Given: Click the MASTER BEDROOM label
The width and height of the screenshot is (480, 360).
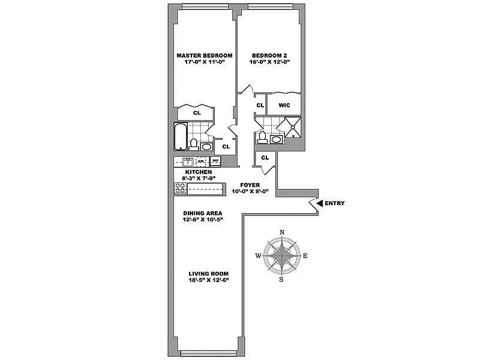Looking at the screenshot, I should tap(204, 55).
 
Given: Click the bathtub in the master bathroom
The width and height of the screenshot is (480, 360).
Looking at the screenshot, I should tap(180, 137).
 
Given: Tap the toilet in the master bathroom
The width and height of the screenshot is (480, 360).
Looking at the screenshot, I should tap(193, 144).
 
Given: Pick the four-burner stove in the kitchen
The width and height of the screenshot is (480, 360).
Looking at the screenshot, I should tap(181, 188).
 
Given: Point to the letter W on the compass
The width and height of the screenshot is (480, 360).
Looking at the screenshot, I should tap(258, 256).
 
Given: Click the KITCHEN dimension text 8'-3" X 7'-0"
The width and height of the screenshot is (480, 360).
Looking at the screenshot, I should tap(199, 178).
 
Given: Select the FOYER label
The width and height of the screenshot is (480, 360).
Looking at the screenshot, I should tap(250, 185).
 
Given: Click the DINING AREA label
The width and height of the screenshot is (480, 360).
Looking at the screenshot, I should tap(203, 213).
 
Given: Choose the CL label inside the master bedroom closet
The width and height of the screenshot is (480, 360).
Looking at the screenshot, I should tap(196, 112).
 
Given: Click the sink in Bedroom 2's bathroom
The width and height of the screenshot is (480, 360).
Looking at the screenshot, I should tap(277, 139).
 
